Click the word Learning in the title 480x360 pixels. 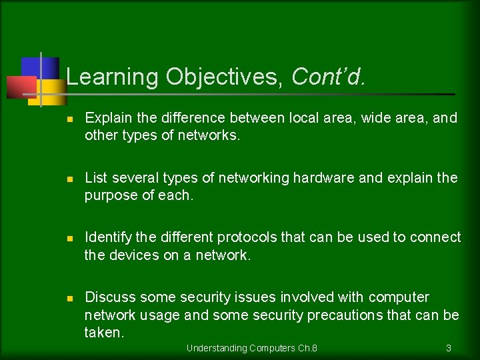(113, 77)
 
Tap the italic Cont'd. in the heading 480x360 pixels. (329, 77)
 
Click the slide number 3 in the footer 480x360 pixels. (449, 348)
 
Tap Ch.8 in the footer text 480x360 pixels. (307, 348)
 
